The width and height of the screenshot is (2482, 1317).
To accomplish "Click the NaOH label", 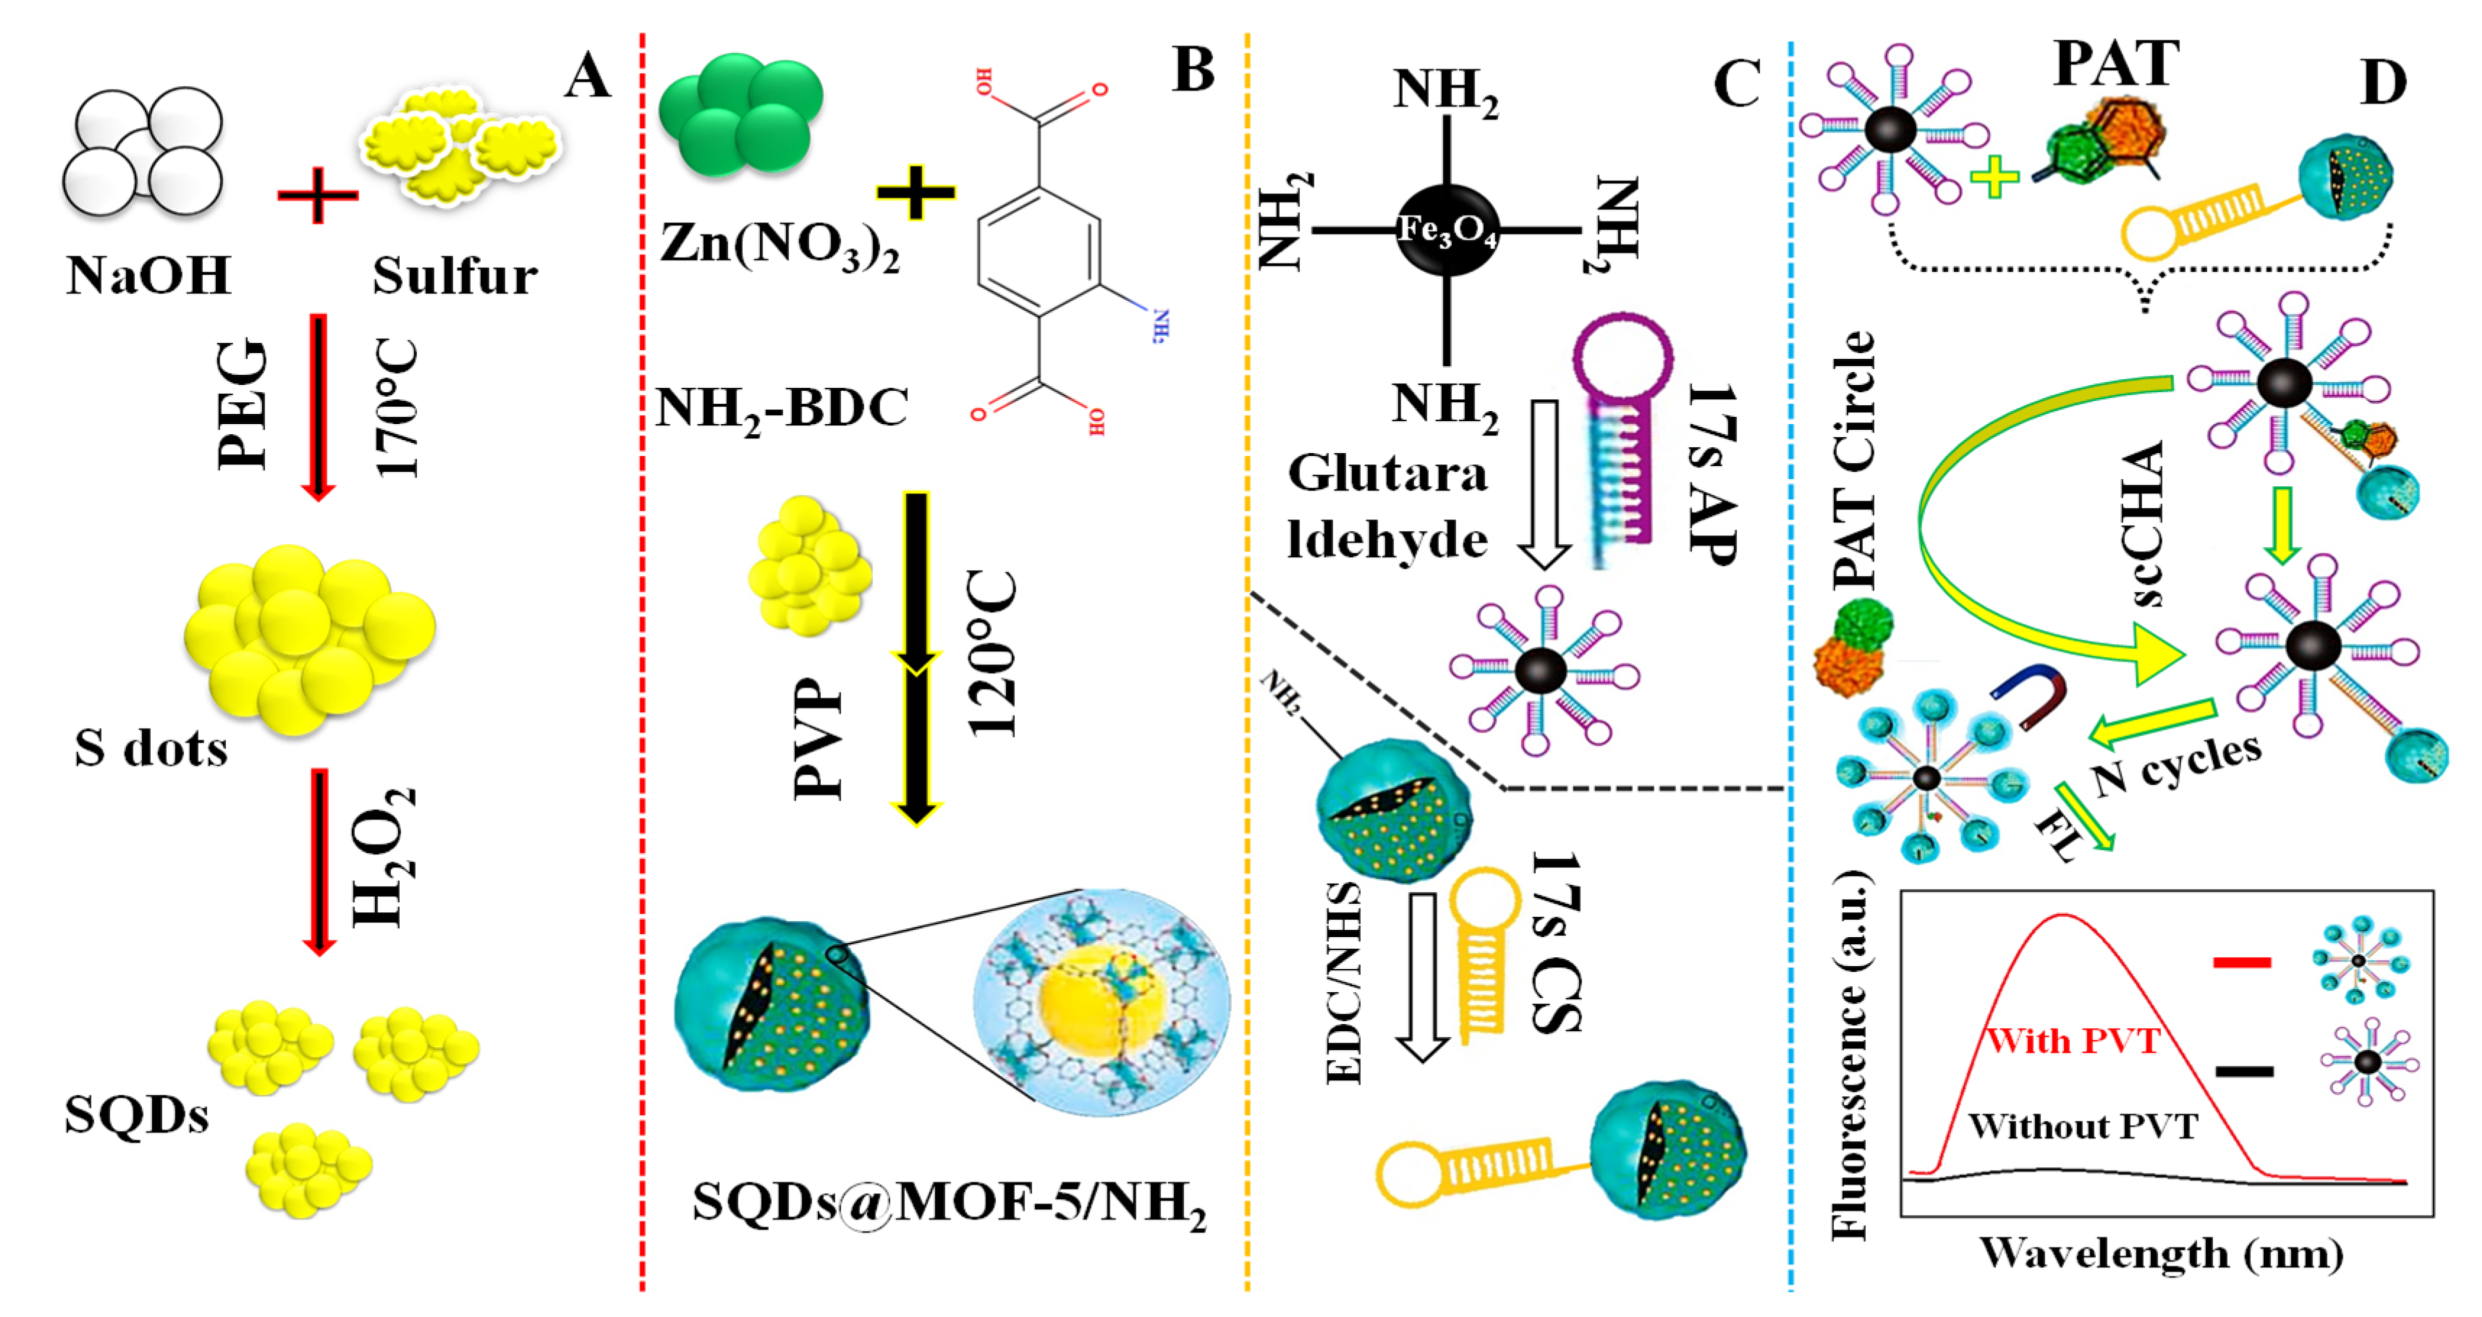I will [x=148, y=276].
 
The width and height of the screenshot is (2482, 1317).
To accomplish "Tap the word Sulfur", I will [x=454, y=276].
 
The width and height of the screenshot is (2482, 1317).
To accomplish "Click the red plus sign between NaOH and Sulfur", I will [x=317, y=195].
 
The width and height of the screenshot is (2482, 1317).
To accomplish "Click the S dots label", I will [x=151, y=748].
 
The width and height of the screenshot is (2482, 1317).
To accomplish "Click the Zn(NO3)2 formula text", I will [x=779, y=244].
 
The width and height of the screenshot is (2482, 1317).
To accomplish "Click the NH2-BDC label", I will [x=782, y=409].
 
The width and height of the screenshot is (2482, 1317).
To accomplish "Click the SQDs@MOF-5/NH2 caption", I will [x=949, y=1203].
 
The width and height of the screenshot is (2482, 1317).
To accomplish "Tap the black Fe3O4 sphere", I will [x=1447, y=229].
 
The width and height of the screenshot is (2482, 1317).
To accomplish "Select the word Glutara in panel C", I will [x=1387, y=474].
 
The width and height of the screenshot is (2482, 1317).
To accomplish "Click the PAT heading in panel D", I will [x=2116, y=64].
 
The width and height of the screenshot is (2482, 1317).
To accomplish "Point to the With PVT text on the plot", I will [x=2073, y=1041].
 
